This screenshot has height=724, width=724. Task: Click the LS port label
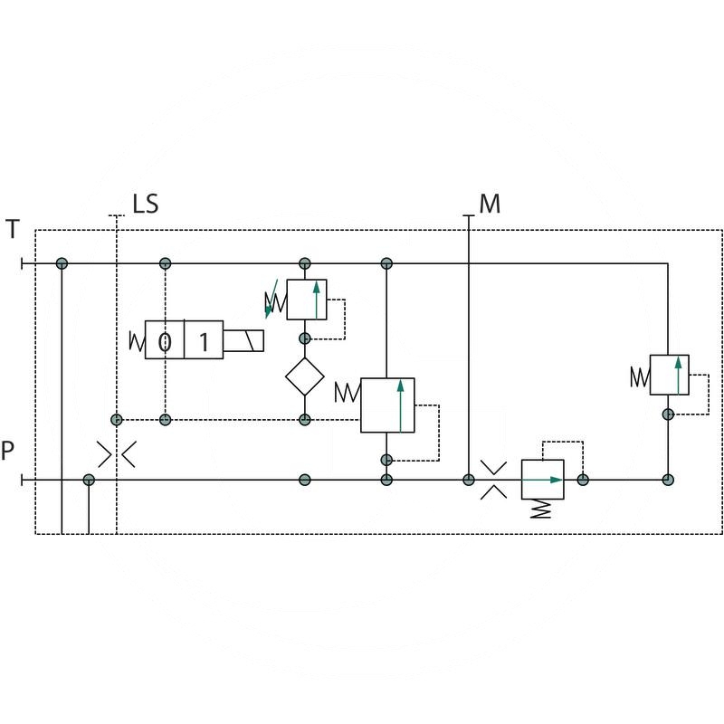(x=145, y=204)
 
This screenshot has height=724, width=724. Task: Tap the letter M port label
(x=490, y=204)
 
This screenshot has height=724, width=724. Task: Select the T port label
(x=12, y=229)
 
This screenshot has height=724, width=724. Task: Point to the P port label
(x=8, y=451)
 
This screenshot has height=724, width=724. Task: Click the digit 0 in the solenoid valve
(x=165, y=341)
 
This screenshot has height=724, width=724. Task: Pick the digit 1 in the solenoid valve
(x=204, y=341)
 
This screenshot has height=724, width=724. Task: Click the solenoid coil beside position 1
(x=245, y=341)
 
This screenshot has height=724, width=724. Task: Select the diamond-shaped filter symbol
(x=305, y=376)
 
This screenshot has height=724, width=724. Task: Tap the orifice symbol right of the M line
(x=493, y=479)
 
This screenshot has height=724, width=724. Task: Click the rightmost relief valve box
(x=670, y=375)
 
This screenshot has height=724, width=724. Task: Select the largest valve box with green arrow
(x=387, y=405)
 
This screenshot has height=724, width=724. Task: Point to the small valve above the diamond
(x=306, y=300)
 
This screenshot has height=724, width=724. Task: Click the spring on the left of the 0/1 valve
(x=138, y=341)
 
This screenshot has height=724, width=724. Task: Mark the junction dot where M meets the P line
(x=468, y=479)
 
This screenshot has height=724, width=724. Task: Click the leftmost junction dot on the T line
(x=62, y=263)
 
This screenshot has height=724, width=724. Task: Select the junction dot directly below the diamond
(x=305, y=420)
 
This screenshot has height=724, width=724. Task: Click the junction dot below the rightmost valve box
(x=668, y=414)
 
